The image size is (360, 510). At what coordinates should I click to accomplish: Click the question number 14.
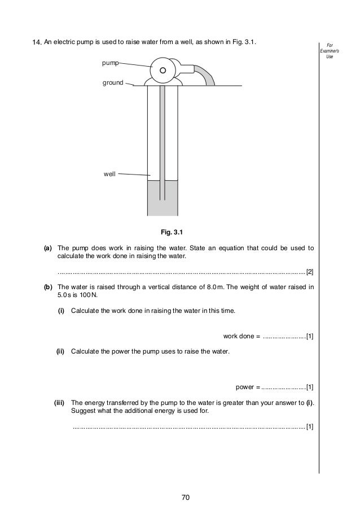point(37,43)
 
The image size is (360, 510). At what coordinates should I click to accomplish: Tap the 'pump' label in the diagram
point(110,64)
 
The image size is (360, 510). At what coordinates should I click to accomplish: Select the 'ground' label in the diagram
point(112,83)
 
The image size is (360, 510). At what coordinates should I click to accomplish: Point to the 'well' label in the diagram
point(109,175)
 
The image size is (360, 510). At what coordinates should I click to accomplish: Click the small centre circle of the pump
point(163,71)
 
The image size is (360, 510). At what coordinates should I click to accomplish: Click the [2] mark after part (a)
point(310,272)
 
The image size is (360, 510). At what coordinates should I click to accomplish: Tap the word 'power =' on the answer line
point(247,387)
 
